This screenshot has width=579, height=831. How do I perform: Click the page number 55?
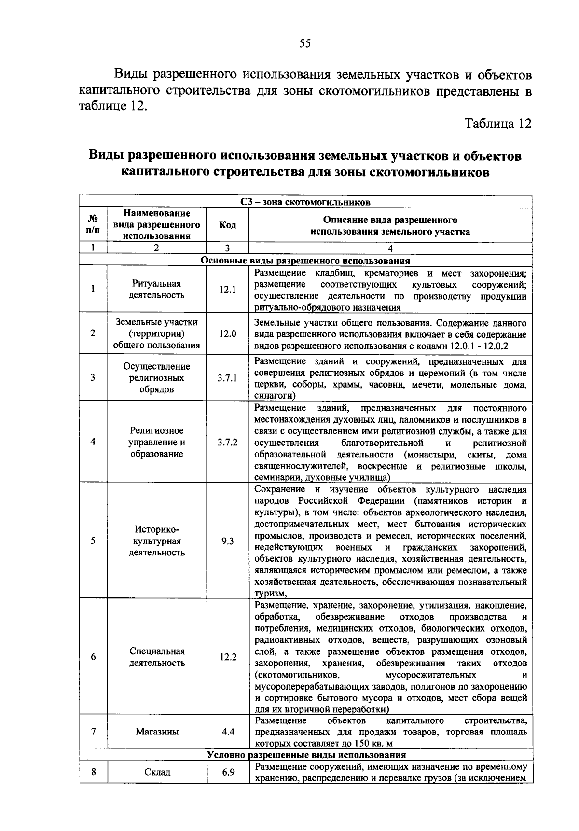point(305,44)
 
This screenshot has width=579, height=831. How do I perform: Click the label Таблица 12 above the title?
point(498,124)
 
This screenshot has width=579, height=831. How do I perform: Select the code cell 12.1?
point(227,290)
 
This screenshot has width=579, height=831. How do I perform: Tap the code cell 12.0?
point(227,333)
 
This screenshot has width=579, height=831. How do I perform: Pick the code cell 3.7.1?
point(227,378)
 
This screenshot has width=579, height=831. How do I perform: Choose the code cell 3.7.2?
point(227,442)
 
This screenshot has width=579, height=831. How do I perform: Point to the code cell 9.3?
point(227,541)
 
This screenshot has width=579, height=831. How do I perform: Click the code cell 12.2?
point(227,657)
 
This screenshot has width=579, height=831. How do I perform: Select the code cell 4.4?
point(227,732)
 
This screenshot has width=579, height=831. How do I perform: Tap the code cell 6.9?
point(227,772)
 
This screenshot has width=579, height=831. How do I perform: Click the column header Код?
point(227,225)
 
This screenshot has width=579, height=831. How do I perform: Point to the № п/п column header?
point(93,225)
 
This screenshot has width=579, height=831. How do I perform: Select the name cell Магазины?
point(157,732)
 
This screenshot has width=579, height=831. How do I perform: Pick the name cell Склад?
point(157,772)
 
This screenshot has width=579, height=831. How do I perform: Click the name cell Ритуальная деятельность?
point(157,290)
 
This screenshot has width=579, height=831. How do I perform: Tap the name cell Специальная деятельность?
point(157,657)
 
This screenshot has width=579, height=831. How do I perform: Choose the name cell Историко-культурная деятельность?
point(157,541)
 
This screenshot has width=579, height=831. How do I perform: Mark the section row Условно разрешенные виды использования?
point(306,755)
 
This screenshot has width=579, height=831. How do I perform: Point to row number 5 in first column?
point(93,541)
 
